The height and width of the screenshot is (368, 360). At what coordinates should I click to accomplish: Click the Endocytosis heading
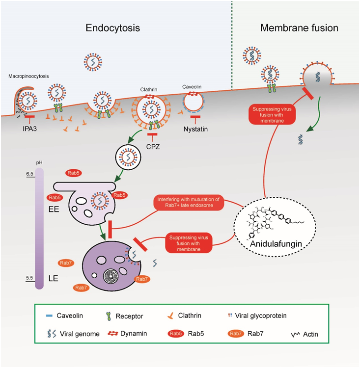pos(113,28)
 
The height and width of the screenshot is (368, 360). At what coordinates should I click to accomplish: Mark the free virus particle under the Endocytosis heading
pos(92,61)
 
